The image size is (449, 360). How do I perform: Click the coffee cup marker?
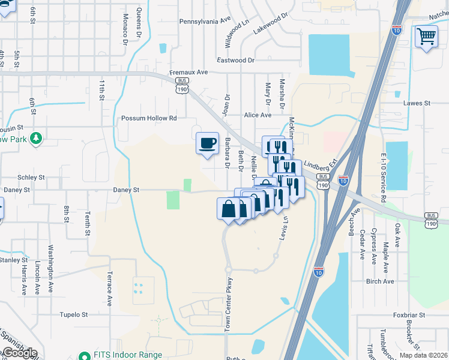pos(208,143)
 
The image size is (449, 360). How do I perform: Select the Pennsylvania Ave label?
pos(205,21)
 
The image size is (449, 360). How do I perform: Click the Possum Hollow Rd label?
pos(149,118)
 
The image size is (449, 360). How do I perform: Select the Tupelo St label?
pos(74,314)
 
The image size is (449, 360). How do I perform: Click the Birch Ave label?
pos(380,281)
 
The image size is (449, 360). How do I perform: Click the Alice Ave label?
pos(258,115)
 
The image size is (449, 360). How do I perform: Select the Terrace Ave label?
pos(109,290)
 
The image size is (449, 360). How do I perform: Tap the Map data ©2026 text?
pos(423,355)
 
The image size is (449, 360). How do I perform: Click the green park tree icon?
pos(36,139)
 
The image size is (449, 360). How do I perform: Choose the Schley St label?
pos(31,178)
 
